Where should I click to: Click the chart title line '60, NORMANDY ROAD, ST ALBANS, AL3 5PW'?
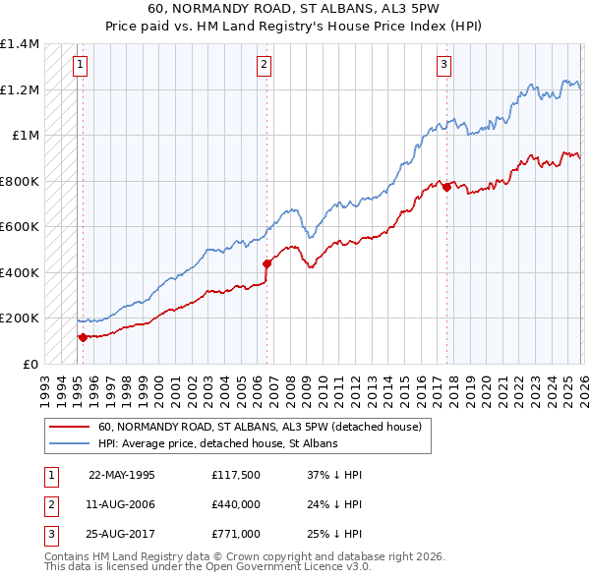[x=294, y=10]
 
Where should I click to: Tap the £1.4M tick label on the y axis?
[x=20, y=44]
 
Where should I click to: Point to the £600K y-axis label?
[x=20, y=227]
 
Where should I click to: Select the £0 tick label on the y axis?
[x=29, y=364]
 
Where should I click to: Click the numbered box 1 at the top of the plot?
[x=79, y=66]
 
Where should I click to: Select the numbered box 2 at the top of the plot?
[x=265, y=66]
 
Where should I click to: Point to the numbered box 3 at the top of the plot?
[x=443, y=66]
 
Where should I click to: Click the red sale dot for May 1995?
[x=83, y=337]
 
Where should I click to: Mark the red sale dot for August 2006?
[x=266, y=263]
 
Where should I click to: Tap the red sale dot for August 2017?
[x=446, y=188]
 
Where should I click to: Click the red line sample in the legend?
[x=70, y=427]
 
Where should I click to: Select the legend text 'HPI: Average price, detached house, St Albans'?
[x=217, y=443]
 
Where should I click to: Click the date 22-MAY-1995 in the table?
[x=122, y=474]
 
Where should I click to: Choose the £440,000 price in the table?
[x=236, y=503]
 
